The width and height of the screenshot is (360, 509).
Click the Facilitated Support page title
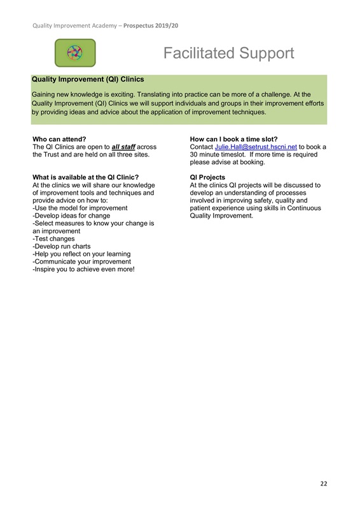click(228, 53)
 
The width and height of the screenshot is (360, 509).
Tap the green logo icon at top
click(75, 53)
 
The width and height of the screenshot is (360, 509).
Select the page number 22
click(324, 484)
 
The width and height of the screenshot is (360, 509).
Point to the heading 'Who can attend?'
click(59, 139)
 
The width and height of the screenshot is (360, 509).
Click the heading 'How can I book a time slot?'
click(234, 139)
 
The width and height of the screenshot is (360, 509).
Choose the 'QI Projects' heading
click(207, 177)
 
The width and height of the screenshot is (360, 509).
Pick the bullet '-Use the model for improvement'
click(80, 208)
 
